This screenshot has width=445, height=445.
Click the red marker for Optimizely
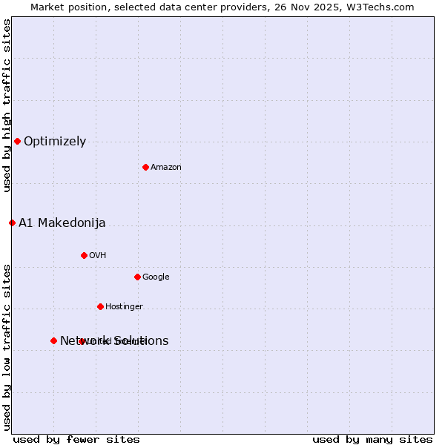[17, 141]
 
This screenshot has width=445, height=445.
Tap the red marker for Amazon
[145, 167]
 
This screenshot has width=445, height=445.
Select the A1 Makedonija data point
[12, 222]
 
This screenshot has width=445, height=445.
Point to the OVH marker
[84, 255]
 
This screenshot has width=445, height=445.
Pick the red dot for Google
[137, 277]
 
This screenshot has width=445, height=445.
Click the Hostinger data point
[100, 306]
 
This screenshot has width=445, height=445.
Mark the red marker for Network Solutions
[53, 340]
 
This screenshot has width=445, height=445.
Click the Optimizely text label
[55, 142]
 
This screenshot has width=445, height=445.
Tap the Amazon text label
[166, 168]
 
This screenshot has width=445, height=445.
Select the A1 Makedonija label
[62, 223]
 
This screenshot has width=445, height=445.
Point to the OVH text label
[98, 256]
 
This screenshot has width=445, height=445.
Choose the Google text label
[156, 277]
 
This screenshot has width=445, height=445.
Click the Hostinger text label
[124, 307]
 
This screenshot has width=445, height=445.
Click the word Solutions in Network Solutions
[141, 341]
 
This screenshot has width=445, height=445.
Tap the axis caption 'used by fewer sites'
[76, 440]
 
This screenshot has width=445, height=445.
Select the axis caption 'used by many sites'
[372, 440]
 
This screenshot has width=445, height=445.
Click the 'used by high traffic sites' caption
[7, 105]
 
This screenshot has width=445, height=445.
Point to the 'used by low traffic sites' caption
[7, 346]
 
